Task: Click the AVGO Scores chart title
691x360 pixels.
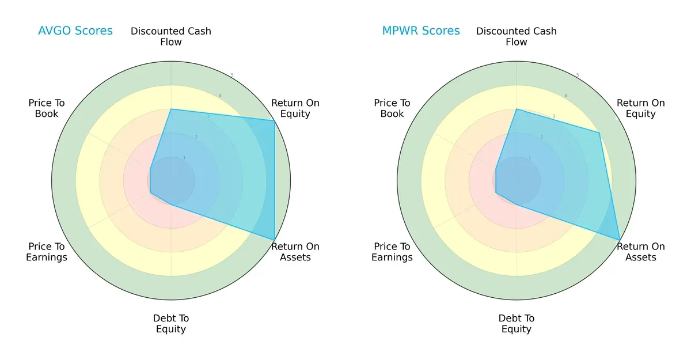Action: pyautogui.click(x=76, y=31)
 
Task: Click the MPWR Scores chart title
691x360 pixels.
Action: pyautogui.click(x=421, y=31)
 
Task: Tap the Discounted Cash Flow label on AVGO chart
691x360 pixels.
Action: pyautogui.click(x=171, y=36)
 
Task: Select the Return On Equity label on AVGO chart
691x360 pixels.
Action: pyautogui.click(x=295, y=108)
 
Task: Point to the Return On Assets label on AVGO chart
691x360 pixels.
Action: pyautogui.click(x=295, y=252)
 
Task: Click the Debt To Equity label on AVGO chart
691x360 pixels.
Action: pyautogui.click(x=171, y=324)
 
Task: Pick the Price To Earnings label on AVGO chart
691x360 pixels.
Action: pyautogui.click(x=47, y=252)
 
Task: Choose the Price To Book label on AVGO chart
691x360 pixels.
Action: pyautogui.click(x=47, y=108)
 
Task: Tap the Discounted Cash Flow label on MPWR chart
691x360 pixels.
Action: pyautogui.click(x=517, y=36)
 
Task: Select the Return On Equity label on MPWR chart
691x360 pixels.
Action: pyautogui.click(x=641, y=108)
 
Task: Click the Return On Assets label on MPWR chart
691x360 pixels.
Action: pyautogui.click(x=641, y=252)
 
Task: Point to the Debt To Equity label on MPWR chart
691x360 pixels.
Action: pyautogui.click(x=517, y=324)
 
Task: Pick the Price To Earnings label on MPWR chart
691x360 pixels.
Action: pyautogui.click(x=392, y=252)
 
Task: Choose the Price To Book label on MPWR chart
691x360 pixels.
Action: pyautogui.click(x=392, y=108)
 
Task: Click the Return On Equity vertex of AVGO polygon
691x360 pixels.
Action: pyautogui.click(x=274, y=121)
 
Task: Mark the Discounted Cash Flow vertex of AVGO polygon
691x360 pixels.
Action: pyautogui.click(x=171, y=109)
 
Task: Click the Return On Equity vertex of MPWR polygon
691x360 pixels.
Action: pyautogui.click(x=599, y=133)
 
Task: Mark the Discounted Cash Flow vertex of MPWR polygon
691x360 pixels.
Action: pyautogui.click(x=517, y=109)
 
